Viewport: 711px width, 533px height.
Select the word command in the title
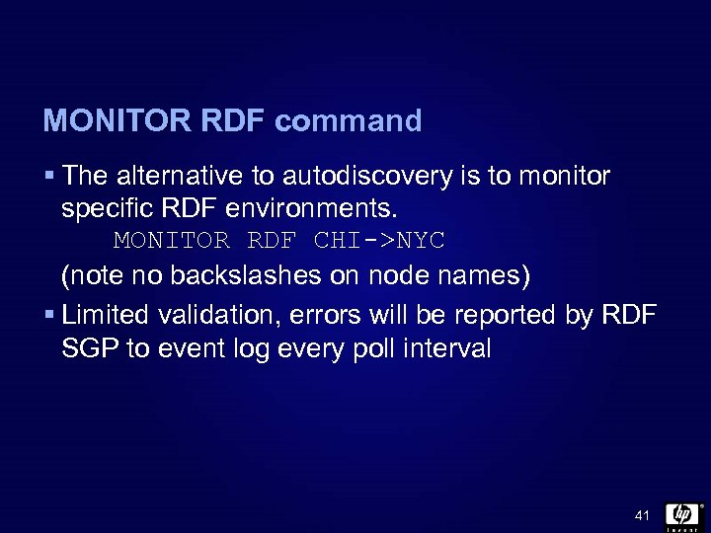pos(349,121)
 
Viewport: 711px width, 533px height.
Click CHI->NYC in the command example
pos(378,241)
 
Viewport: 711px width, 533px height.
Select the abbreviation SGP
pos(85,348)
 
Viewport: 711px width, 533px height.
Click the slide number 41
pos(642,516)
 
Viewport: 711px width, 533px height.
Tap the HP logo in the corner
pos(682,514)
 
